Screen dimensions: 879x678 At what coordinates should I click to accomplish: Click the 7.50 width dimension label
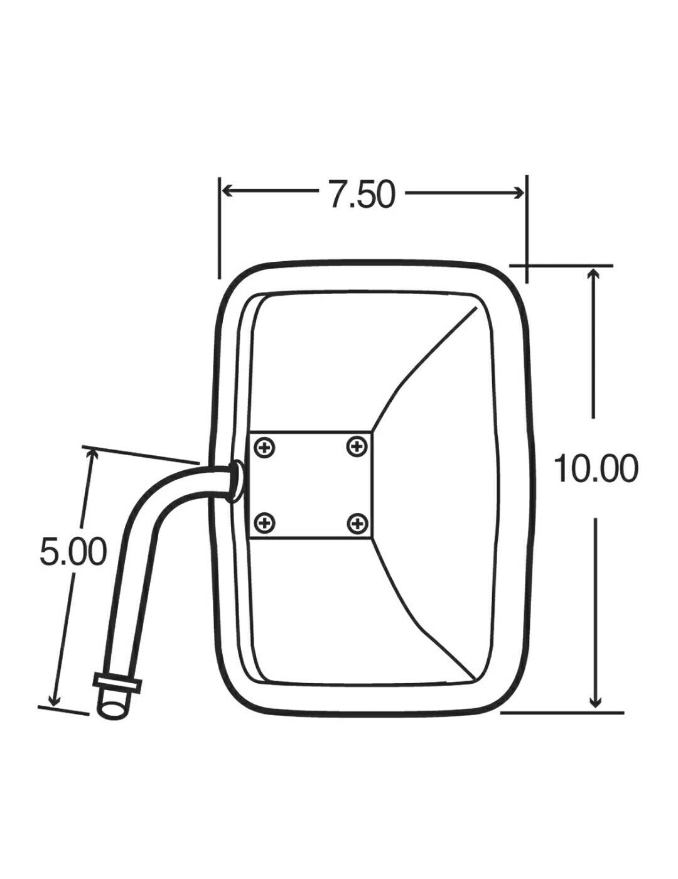pyautogui.click(x=361, y=194)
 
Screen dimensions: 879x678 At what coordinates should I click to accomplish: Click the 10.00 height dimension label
pyautogui.click(x=595, y=468)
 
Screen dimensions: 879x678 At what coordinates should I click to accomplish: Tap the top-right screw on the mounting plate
pyautogui.click(x=357, y=447)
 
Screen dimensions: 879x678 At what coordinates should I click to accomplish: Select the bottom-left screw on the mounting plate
pyautogui.click(x=266, y=522)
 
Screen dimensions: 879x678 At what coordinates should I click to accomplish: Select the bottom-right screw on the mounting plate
pyautogui.click(x=357, y=522)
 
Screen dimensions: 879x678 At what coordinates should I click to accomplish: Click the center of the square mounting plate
pyautogui.click(x=311, y=485)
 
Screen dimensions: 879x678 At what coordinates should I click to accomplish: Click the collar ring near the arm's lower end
pyautogui.click(x=117, y=682)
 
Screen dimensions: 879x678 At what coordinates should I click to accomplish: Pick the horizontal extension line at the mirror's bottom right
pyautogui.click(x=562, y=713)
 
